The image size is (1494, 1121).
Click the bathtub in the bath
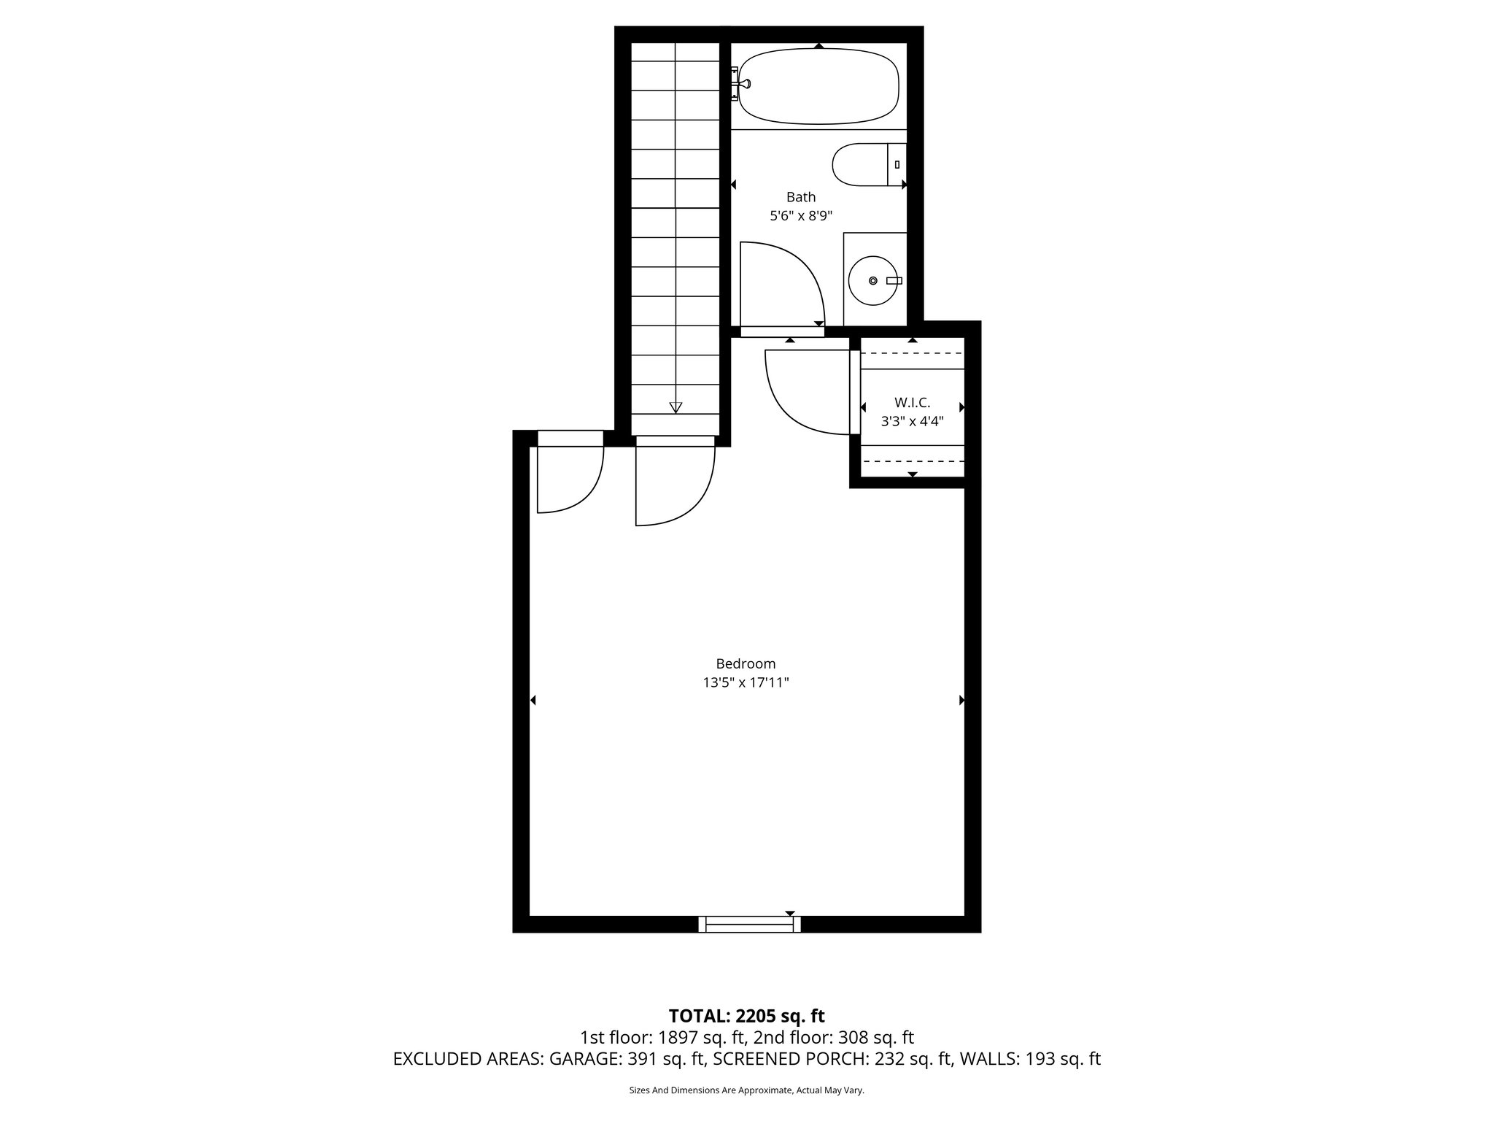[818, 86]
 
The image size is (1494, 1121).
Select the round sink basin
[873, 280]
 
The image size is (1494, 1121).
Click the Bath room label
[800, 197]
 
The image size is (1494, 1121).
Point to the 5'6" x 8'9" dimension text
[800, 216]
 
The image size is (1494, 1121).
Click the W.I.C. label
[912, 402]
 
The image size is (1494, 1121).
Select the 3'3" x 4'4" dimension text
[912, 421]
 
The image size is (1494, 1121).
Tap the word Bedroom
[746, 664]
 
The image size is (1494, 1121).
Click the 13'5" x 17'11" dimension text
[746, 683]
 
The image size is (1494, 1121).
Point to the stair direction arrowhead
[676, 407]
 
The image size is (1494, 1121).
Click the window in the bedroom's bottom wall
[749, 925]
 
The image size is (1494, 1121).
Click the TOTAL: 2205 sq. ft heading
[746, 1016]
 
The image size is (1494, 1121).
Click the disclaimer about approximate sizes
[746, 1090]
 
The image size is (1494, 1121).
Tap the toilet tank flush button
[897, 165]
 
